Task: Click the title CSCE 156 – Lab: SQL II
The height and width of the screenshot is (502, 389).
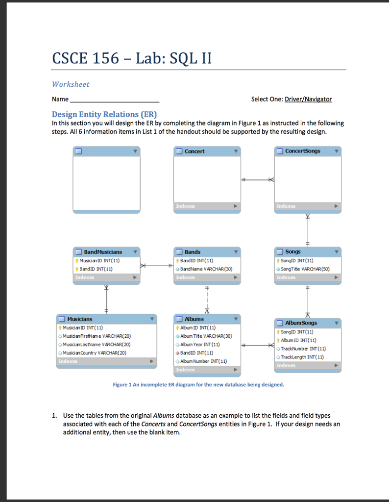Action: (x=132, y=58)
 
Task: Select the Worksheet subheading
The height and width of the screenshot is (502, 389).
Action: (x=71, y=84)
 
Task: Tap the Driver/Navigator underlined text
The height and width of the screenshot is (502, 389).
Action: (x=308, y=99)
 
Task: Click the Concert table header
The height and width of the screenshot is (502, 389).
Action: (x=194, y=151)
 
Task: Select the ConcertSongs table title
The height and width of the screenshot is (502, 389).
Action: (x=302, y=151)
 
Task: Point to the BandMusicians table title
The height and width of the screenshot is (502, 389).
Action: (x=102, y=251)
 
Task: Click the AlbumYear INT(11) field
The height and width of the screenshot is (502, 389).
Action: (x=200, y=344)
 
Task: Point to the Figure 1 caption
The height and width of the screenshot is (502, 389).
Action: (x=198, y=385)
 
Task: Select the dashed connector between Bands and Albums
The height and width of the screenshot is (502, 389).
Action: (x=208, y=299)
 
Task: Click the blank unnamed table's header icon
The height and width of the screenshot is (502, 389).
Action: (x=78, y=151)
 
